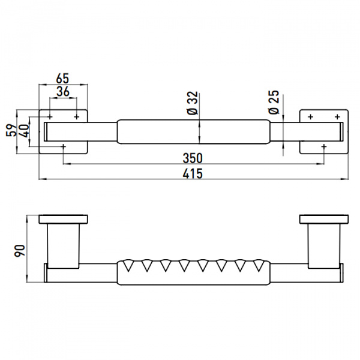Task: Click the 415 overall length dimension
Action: click(193, 173)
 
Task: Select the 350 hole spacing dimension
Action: click(193, 158)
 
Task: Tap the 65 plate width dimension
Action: click(62, 79)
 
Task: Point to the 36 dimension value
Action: click(63, 91)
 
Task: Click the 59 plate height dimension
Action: click(11, 130)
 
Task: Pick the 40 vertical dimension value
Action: click(24, 131)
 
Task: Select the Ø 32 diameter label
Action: click(193, 103)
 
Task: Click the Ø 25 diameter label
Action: click(274, 102)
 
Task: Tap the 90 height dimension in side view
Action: click(20, 251)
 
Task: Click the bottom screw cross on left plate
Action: click(64, 146)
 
